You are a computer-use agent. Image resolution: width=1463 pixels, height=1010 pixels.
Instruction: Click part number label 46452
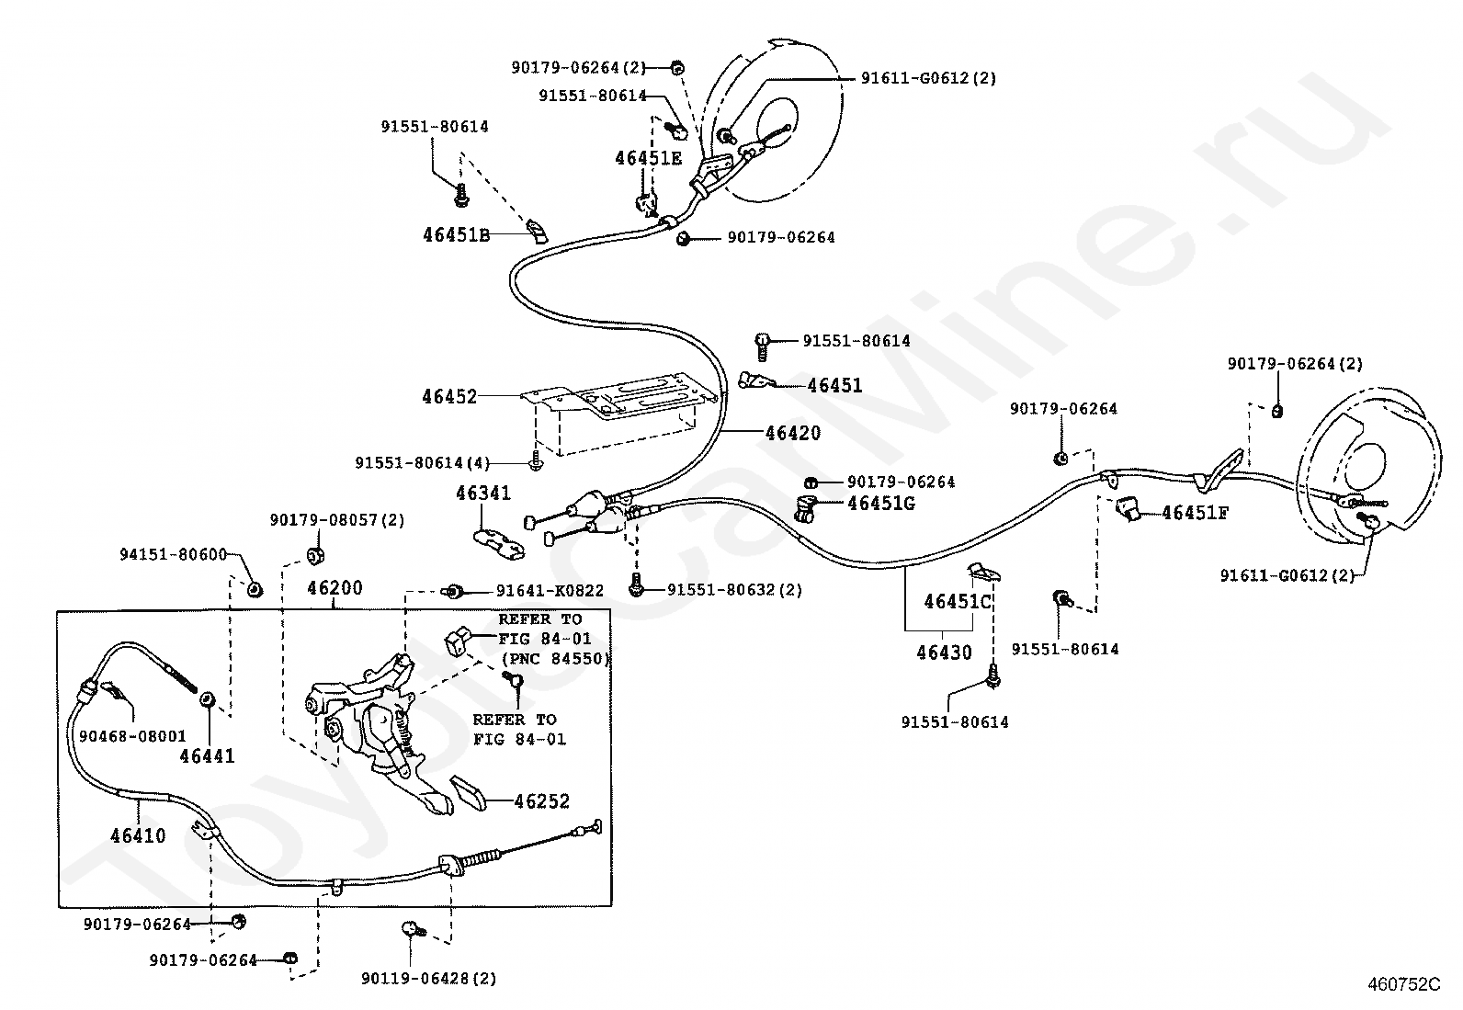tap(449, 396)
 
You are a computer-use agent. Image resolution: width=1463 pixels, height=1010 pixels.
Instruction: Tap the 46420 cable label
tap(793, 433)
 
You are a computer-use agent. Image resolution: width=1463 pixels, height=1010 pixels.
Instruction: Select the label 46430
tap(944, 652)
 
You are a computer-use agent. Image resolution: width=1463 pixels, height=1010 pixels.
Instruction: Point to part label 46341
tap(483, 493)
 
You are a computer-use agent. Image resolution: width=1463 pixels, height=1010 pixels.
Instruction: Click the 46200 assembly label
tap(335, 588)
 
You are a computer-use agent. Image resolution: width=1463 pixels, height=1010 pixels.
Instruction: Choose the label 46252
tap(542, 801)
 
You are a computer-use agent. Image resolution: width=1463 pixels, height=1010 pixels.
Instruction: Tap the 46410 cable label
tap(138, 835)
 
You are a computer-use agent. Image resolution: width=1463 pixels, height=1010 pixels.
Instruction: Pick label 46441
tap(207, 755)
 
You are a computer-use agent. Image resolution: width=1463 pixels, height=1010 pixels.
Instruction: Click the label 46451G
tap(881, 503)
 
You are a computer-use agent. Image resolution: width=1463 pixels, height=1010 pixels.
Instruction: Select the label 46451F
tap(1196, 513)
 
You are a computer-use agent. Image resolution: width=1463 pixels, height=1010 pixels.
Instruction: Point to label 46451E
tap(649, 158)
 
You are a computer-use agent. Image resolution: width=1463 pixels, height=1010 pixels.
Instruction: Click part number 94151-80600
tap(173, 555)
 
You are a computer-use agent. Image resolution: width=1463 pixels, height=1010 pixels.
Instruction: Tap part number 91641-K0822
tap(550, 591)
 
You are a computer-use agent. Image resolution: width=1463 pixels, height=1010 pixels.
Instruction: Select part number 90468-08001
tap(132, 736)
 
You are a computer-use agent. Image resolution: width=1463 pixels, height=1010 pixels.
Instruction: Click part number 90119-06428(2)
tap(428, 979)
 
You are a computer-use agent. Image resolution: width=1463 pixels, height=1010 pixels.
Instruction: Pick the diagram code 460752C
tap(1404, 984)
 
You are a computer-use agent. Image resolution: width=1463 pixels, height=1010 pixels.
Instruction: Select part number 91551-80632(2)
tap(735, 590)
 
